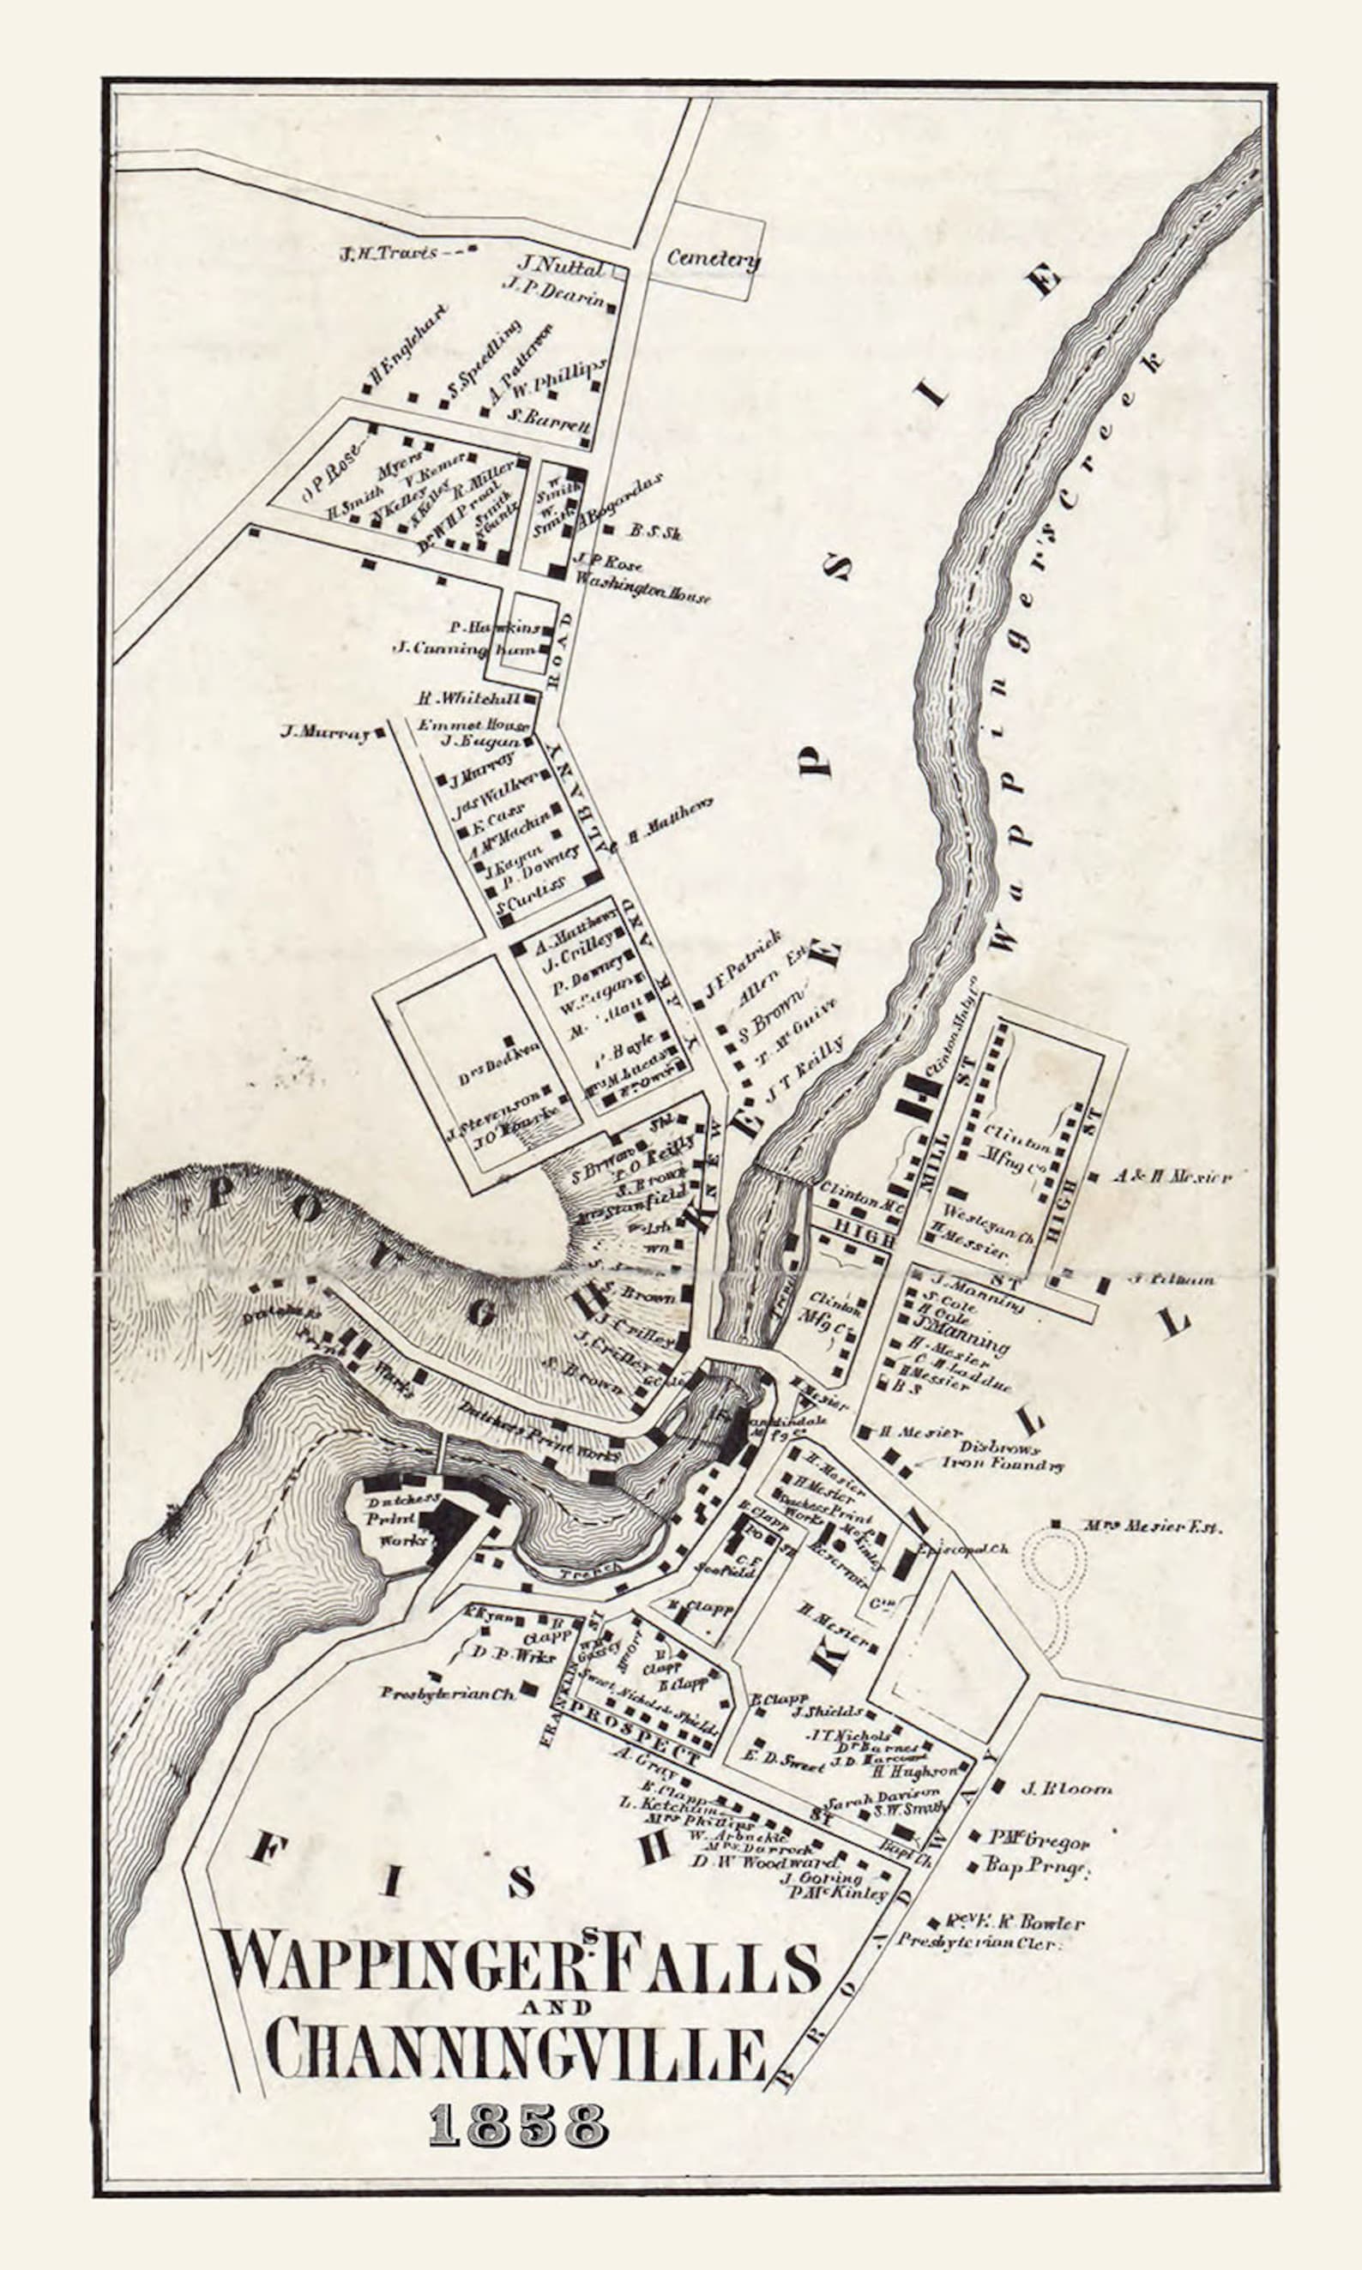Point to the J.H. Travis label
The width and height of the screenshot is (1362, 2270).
(x=389, y=252)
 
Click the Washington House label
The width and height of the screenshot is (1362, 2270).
(x=642, y=588)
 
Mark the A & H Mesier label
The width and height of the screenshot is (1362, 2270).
(x=1171, y=1176)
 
